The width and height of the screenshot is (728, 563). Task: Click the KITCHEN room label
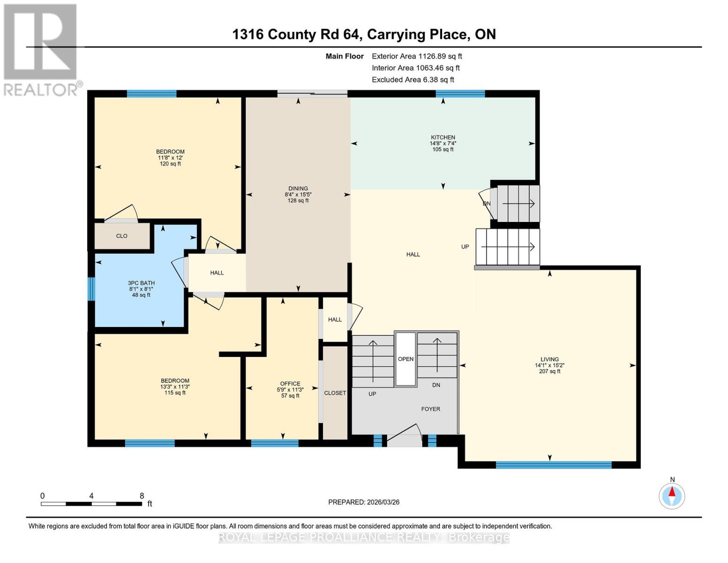click(x=443, y=137)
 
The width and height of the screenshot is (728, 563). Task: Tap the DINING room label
click(x=298, y=189)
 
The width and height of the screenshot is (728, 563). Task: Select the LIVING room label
click(x=549, y=359)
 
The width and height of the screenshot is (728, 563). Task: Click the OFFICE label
click(x=290, y=384)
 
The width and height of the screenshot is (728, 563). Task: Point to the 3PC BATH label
click(x=141, y=283)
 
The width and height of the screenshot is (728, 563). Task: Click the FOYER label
click(x=430, y=409)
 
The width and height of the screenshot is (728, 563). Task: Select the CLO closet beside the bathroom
click(x=122, y=236)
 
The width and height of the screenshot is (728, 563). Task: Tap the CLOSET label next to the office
click(x=335, y=393)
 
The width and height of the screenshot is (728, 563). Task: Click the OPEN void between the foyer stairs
click(x=405, y=359)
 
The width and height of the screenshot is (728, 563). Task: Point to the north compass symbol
click(x=672, y=495)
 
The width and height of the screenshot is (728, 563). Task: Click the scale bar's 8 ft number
click(x=142, y=496)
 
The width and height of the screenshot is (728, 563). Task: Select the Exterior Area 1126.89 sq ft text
click(x=417, y=56)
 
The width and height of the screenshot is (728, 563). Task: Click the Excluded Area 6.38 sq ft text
click(x=413, y=80)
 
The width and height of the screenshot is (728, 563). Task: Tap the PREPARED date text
click(x=364, y=502)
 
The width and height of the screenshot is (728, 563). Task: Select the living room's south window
click(x=554, y=465)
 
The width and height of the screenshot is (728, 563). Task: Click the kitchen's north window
click(x=460, y=94)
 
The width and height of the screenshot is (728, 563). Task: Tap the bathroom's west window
click(x=92, y=289)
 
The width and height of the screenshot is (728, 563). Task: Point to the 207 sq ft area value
click(x=549, y=372)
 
